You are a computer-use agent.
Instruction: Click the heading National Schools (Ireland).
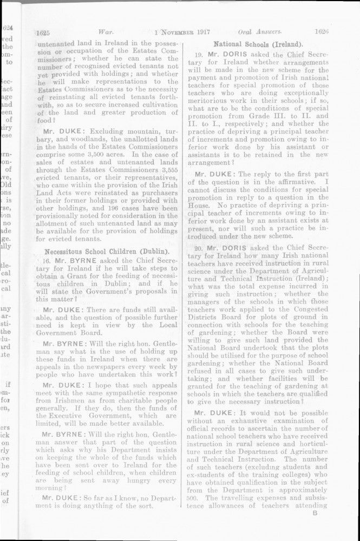point(258,43)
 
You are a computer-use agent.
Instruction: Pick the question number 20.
point(200,247)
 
